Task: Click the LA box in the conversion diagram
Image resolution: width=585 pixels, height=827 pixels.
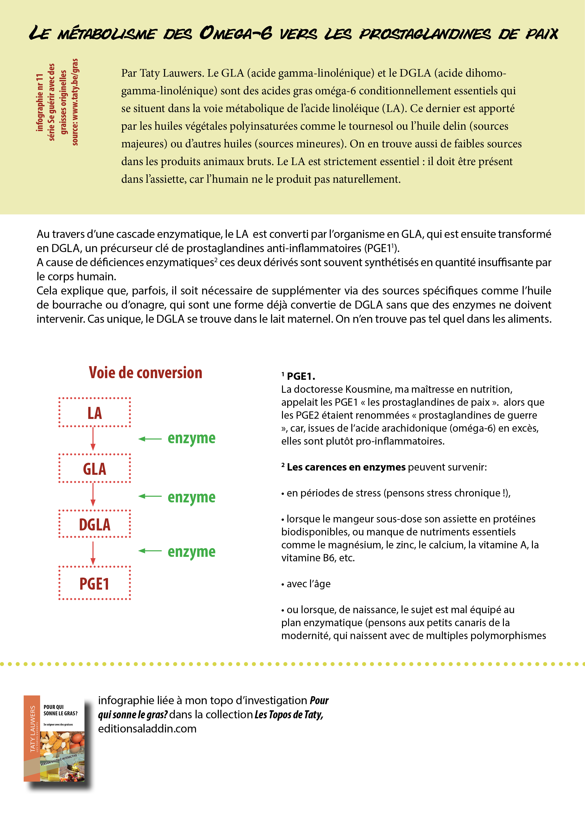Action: coord(94,412)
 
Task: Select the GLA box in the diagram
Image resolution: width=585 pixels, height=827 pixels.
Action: coord(94,468)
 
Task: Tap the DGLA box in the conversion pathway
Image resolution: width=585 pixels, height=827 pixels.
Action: coord(94,524)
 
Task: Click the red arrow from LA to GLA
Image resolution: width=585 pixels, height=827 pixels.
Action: coord(93,439)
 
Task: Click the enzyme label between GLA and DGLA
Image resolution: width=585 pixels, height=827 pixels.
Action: coord(191,497)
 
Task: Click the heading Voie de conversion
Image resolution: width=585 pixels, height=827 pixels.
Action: coord(145,372)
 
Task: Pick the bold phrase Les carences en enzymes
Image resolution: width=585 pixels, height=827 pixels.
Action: coord(346,467)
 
